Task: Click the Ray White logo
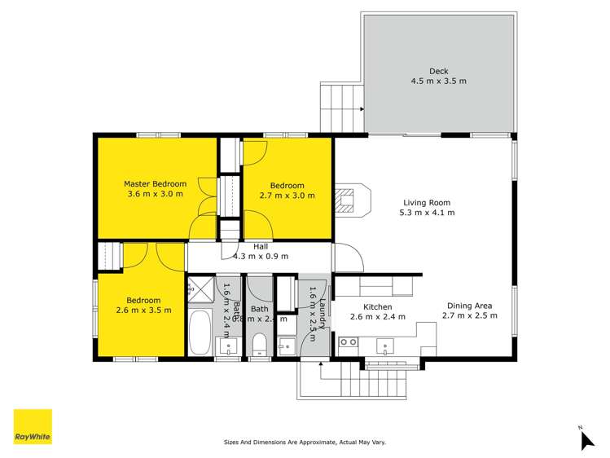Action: tap(33, 426)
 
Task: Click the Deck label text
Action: tap(438, 71)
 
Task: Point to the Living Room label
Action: tap(426, 203)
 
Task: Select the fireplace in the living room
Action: tap(351, 200)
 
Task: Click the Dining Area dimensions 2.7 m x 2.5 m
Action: tap(469, 315)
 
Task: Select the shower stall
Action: tap(200, 289)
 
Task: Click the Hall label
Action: tap(261, 245)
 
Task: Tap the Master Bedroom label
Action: tap(155, 183)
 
